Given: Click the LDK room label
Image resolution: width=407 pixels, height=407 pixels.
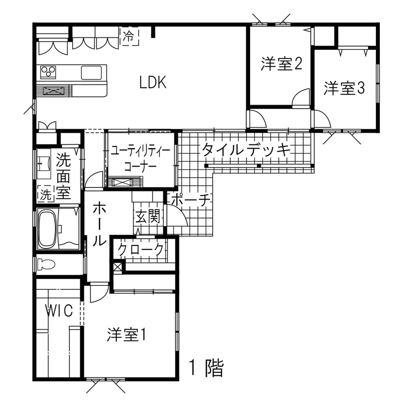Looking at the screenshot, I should click(x=153, y=83).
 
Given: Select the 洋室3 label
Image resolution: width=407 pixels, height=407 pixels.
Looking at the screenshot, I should click(x=344, y=88).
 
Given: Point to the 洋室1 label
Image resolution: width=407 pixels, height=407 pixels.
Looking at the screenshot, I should click(x=127, y=335).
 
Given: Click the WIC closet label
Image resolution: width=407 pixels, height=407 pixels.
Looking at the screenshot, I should click(x=60, y=310).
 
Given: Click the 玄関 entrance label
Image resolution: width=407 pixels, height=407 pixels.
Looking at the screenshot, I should click(x=147, y=217).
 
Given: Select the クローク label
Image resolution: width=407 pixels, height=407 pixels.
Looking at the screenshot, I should click(x=141, y=249).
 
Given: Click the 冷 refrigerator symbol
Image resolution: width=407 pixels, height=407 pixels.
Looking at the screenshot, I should click(x=128, y=35).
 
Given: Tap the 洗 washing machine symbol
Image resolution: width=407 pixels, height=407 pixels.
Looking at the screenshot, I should click(x=45, y=195).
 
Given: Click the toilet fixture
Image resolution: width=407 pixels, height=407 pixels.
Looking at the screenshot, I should click(x=47, y=265).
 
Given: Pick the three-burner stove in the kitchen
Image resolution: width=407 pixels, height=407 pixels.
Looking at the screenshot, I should click(x=49, y=72).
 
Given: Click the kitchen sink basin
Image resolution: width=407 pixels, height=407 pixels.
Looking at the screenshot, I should click(x=92, y=73).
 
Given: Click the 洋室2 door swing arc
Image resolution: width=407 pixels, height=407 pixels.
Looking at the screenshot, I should click(x=301, y=96).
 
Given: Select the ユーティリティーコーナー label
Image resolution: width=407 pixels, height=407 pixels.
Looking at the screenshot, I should click(x=140, y=158).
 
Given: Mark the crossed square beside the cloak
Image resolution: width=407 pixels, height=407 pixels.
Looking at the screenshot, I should click(x=117, y=266).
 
